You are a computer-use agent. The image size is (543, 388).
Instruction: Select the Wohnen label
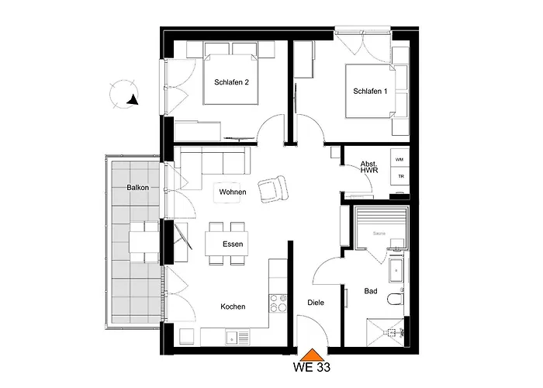coord(232,192)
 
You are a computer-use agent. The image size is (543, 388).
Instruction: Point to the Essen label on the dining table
coord(232,244)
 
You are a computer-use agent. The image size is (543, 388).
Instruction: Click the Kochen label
coord(232,307)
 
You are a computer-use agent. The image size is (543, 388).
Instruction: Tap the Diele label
coord(315,303)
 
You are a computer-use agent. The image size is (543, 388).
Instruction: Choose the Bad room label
coord(372,292)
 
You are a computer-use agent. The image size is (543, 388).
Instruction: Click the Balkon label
coord(137,188)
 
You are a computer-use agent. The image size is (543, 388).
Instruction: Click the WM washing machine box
coord(399,160)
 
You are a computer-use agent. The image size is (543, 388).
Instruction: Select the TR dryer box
coord(399,176)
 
